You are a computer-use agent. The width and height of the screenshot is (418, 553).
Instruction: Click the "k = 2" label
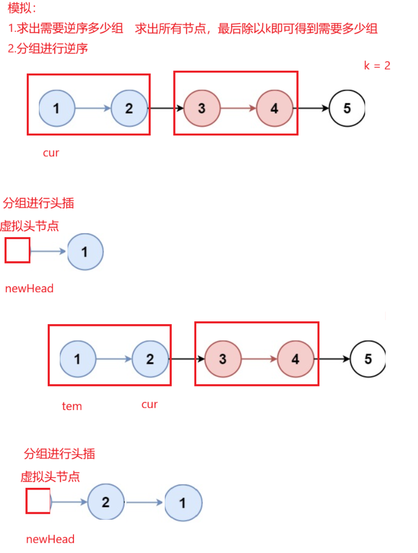coord(377,66)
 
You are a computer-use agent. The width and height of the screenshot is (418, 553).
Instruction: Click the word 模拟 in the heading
coord(19,8)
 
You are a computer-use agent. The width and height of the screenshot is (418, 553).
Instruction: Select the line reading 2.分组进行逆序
coord(48,48)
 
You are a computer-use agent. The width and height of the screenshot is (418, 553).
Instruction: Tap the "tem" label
coord(72,406)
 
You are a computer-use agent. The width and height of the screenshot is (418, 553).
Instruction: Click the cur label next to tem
coord(150,405)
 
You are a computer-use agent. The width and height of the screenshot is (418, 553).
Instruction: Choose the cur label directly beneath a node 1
coord(51,153)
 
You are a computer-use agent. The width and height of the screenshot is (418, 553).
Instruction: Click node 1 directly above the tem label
coord(78,359)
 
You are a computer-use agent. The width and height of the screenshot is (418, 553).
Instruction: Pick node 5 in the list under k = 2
coord(347,108)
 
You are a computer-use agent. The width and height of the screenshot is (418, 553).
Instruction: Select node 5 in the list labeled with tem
coord(368,359)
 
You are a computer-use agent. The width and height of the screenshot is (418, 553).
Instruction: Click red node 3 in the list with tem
coord(223,359)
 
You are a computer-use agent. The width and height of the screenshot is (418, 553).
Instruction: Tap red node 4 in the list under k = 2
coord(274,108)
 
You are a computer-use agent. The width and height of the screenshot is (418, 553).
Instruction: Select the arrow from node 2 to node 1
coord(144,503)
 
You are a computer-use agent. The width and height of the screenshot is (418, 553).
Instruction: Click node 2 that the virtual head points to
coord(106,503)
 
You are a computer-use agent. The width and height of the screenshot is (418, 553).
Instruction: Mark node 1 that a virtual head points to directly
coord(85,252)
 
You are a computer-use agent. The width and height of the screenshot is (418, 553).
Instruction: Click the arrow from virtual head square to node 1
coord(49,252)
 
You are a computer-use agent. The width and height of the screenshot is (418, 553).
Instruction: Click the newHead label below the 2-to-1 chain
coord(50,539)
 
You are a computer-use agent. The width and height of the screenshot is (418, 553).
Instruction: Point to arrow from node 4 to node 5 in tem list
coord(332,359)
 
